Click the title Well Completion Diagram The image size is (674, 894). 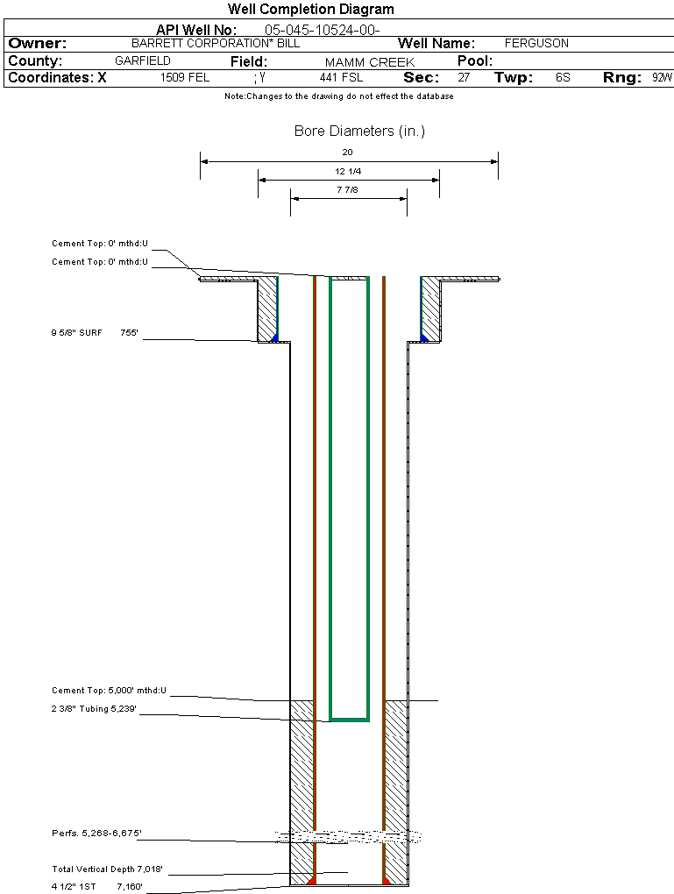[x=310, y=10]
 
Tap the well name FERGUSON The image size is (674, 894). [x=536, y=43]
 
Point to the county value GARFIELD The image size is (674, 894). [x=143, y=61]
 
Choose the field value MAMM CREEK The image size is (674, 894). [x=369, y=62]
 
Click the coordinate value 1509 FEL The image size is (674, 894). [x=185, y=78]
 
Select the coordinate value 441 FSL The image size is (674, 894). [x=341, y=78]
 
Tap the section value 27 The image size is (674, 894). [x=464, y=78]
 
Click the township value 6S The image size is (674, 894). [x=563, y=78]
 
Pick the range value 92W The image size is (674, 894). [x=662, y=78]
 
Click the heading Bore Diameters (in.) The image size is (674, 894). [x=359, y=131]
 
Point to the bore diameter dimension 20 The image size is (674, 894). [x=348, y=153]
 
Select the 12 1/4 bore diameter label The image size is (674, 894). [x=348, y=171]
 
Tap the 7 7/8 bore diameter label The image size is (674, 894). [x=348, y=189]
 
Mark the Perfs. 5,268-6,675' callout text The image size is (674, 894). [x=96, y=834]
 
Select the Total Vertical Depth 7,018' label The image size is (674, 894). [x=107, y=869]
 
